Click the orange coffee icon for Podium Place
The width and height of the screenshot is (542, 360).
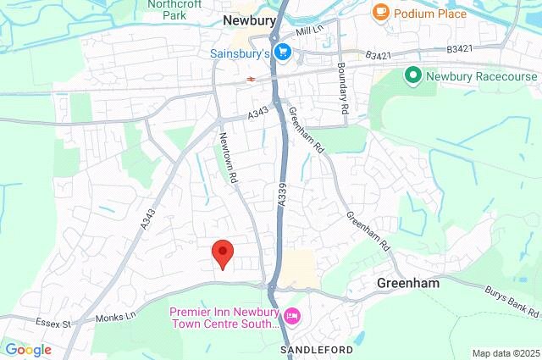[x=381, y=13]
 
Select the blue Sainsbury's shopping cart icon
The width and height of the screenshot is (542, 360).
[x=283, y=52]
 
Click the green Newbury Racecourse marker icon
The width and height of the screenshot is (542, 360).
[x=413, y=75]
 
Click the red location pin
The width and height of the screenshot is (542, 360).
[x=222, y=252]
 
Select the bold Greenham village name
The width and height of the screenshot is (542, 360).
[x=408, y=284]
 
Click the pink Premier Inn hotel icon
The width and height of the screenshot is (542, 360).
[x=292, y=317]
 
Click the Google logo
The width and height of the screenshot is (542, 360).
[x=28, y=349]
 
